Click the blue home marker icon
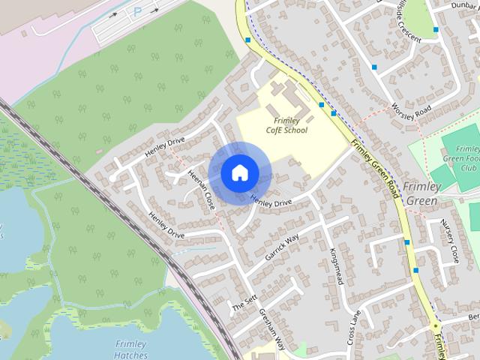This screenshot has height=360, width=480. pyautogui.click(x=238, y=172)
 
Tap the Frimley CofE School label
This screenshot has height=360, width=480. pyautogui.click(x=286, y=125)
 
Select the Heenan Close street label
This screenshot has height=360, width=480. pyautogui.click(x=202, y=188)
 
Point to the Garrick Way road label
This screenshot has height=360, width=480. pyautogui.click(x=282, y=246)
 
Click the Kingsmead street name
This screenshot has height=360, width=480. pyautogui.click(x=336, y=266)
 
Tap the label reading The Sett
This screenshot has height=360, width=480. pyautogui.click(x=244, y=302)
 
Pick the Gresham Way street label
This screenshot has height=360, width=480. pyautogui.click(x=271, y=330)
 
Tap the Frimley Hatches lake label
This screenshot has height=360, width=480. pyautogui.click(x=131, y=349)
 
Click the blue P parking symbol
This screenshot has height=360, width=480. pyautogui.click(x=136, y=12)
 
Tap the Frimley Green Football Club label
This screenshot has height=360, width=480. pyautogui.click(x=460, y=157)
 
